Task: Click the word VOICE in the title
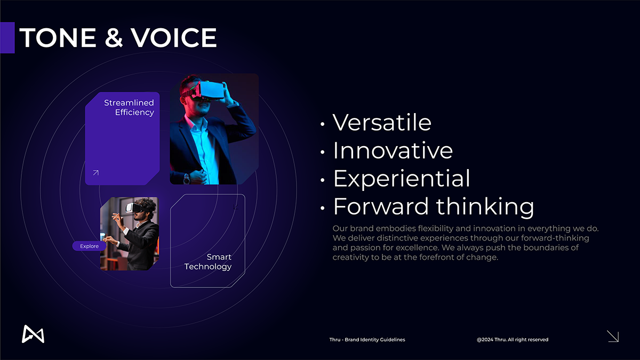click(174, 37)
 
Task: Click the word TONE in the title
click(58, 37)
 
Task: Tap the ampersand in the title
click(114, 37)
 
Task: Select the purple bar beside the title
click(7, 37)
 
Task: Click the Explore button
click(89, 246)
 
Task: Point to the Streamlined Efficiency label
click(129, 107)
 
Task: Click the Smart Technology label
click(207, 262)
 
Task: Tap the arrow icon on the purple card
click(95, 173)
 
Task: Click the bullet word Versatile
click(382, 123)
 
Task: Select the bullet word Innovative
click(393, 150)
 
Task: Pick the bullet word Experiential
click(402, 178)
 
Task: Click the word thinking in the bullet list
click(485, 206)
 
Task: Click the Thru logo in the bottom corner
click(33, 334)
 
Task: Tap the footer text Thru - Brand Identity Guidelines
click(367, 340)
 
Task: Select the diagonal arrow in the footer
click(613, 337)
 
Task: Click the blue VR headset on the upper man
click(210, 90)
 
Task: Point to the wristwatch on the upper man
click(187, 179)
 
